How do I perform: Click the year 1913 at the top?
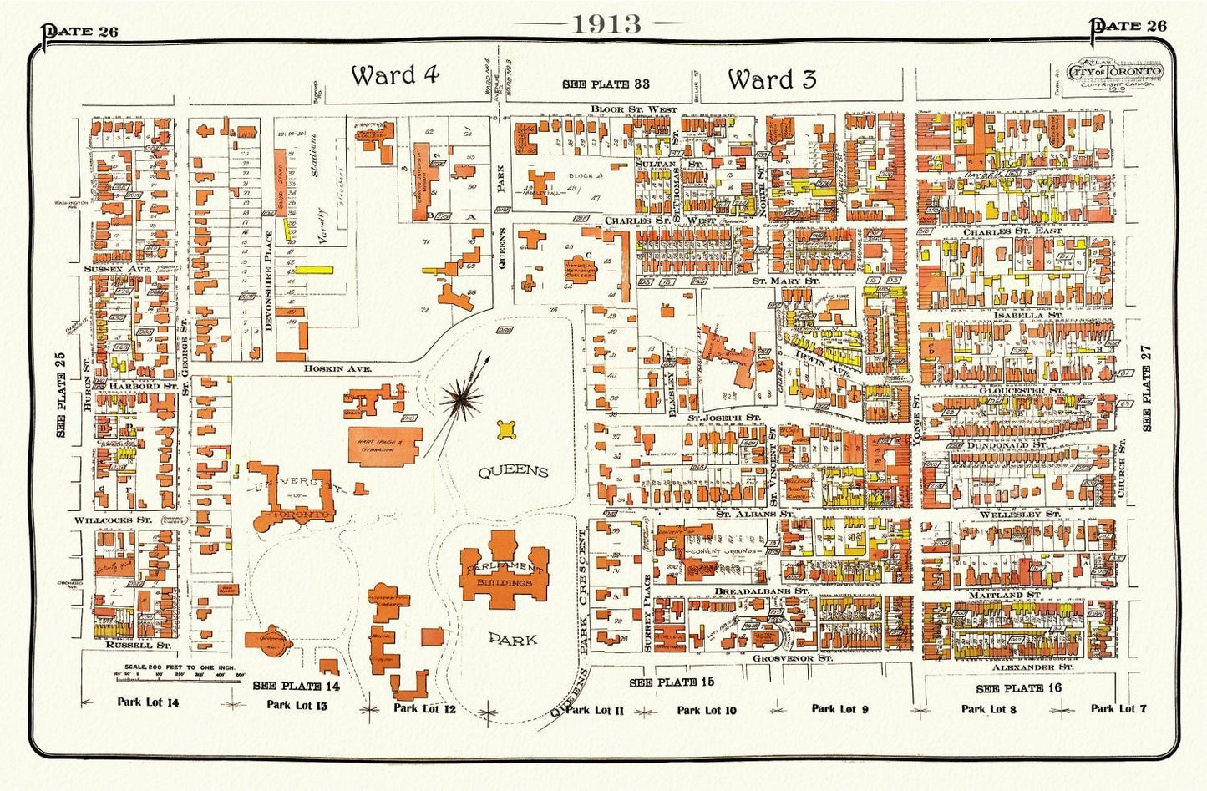[x=606, y=23]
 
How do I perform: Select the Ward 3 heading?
[x=771, y=80]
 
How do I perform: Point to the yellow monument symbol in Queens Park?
[x=505, y=429]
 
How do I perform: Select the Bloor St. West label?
[x=633, y=109]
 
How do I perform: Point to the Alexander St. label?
[x=1032, y=667]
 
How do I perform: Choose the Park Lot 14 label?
[x=148, y=702]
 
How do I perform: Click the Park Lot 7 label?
[x=1118, y=708]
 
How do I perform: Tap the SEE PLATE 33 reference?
[x=606, y=84]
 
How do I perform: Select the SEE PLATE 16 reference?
[x=1018, y=687]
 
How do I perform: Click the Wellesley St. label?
[x=1027, y=514]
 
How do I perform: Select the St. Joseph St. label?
[x=723, y=416]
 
